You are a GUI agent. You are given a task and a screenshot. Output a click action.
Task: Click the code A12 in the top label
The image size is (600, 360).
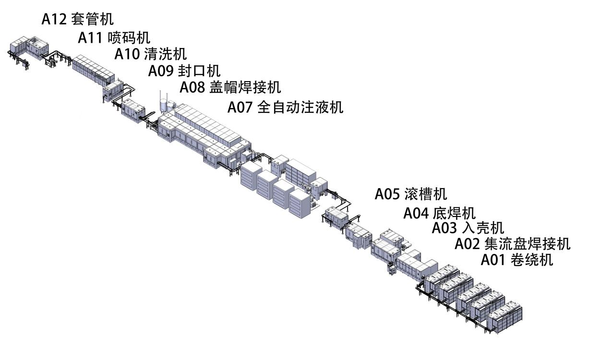tap(54, 19)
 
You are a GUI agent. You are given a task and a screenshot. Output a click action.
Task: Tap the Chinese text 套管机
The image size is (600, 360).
tap(95, 19)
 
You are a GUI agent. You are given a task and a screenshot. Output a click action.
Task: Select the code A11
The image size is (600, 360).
tap(90, 37)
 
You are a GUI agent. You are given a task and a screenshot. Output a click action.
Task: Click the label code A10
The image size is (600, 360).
tap(126, 54)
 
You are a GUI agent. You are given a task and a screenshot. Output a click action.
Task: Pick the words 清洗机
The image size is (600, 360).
tap(166, 54)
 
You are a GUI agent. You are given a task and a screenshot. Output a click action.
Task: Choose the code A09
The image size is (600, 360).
tap(160, 71)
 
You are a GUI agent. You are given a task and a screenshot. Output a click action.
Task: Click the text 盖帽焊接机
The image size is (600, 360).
tap(246, 88)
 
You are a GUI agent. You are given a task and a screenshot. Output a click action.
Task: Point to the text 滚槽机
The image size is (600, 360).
tap(427, 194)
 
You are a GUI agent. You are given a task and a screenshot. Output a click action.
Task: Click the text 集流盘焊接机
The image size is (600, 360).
tap(527, 244)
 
